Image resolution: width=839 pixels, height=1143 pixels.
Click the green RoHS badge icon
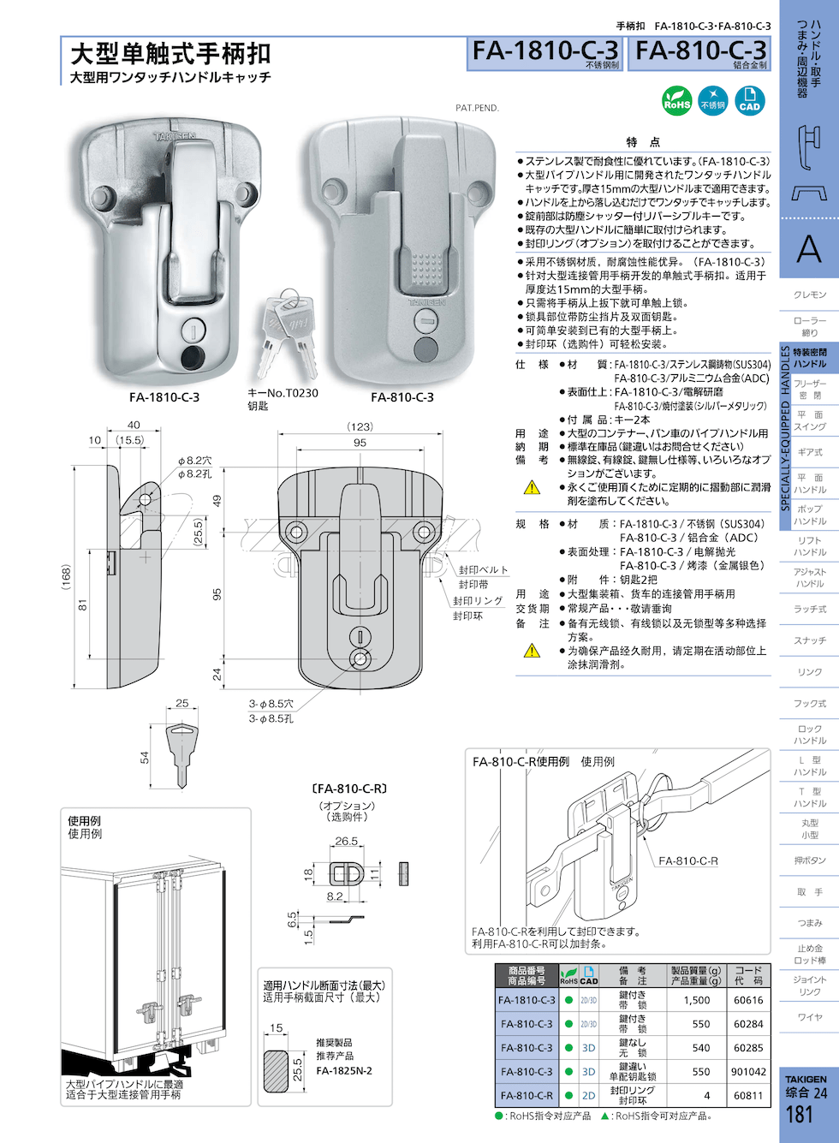(677, 100)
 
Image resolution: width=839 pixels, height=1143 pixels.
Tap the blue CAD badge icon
(749, 100)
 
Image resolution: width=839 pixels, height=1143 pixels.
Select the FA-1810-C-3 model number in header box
(545, 51)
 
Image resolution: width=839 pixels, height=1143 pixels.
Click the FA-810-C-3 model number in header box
(700, 51)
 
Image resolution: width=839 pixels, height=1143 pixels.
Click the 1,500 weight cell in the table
(697, 1000)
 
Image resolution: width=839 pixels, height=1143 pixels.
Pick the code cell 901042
(748, 1072)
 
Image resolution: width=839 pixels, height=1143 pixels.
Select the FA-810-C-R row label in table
(527, 1096)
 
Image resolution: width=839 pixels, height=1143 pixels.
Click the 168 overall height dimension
(66, 575)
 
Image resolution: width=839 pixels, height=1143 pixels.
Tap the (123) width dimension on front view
(360, 426)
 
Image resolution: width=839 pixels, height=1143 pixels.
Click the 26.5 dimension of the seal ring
(347, 842)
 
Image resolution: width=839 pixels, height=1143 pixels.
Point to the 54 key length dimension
(145, 758)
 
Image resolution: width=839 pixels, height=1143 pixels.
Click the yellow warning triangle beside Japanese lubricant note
(532, 488)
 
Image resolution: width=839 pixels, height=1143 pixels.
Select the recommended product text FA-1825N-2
(344, 1071)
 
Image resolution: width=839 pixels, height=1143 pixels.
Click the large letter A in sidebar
(808, 250)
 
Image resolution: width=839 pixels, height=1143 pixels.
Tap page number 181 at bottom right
(799, 1115)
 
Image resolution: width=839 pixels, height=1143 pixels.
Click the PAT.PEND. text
(477, 108)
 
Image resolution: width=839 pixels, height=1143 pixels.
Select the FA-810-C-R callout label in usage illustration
(688, 861)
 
